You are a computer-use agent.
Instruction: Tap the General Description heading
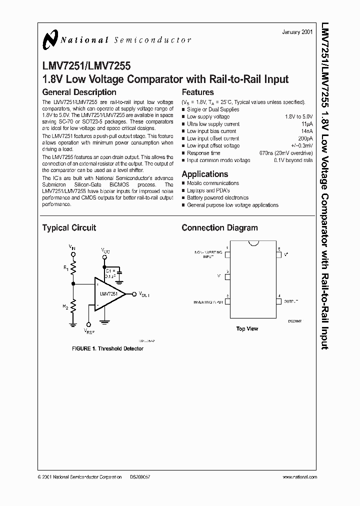(79, 92)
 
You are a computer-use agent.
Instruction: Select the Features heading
(197, 92)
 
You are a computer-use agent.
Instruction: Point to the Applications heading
(204, 174)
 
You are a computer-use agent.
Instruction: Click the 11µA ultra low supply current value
(307, 123)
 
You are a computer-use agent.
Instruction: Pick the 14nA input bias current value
(307, 131)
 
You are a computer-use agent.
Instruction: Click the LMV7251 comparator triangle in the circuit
(107, 294)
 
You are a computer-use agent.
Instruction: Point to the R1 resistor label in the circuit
(65, 268)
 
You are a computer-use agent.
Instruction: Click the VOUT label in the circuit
(144, 294)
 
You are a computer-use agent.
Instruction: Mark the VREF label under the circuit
(89, 331)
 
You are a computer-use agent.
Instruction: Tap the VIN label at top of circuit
(72, 247)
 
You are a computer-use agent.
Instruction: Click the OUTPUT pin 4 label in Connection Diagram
(291, 302)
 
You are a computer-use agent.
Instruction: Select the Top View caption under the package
(247, 329)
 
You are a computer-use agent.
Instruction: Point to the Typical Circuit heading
(69, 228)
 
